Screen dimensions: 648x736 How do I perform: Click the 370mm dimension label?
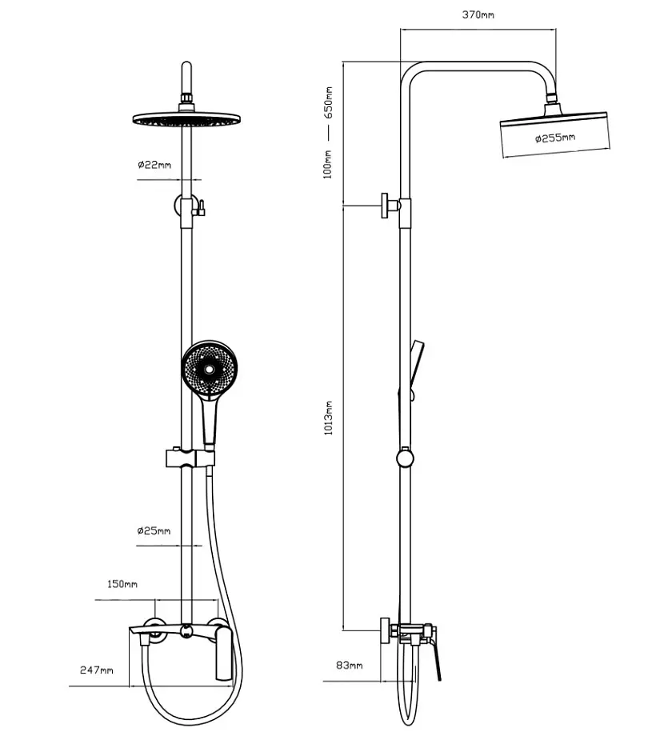click(478, 14)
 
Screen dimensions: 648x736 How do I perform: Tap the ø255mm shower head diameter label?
click(555, 138)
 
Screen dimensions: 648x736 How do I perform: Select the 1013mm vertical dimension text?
click(329, 418)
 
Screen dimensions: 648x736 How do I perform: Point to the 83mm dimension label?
click(349, 665)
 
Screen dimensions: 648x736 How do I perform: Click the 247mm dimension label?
click(97, 670)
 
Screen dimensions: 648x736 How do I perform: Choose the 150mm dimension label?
click(122, 584)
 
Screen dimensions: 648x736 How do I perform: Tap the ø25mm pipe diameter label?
click(154, 531)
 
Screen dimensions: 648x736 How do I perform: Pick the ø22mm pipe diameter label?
click(154, 165)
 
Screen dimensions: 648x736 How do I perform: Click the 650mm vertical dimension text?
click(329, 102)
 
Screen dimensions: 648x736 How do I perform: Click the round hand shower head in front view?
click(210, 369)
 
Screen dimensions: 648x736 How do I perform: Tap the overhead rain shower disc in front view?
click(186, 118)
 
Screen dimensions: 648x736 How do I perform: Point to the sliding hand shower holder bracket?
click(190, 458)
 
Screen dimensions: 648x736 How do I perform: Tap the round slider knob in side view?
click(405, 458)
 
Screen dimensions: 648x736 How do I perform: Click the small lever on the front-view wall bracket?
click(201, 208)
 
